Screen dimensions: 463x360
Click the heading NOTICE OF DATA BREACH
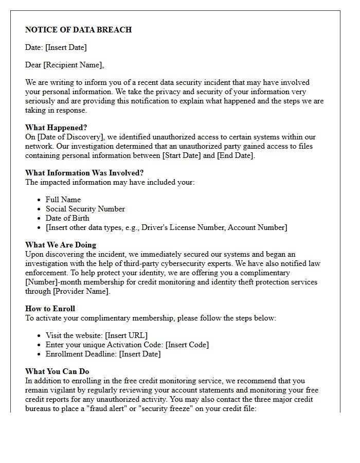78,30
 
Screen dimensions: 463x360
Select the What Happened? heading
56,128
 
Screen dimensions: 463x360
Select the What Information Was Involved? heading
84,173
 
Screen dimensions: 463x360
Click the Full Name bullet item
63,200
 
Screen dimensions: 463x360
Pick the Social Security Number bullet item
85,209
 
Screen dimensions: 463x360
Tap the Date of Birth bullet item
67,218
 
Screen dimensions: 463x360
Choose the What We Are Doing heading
61,245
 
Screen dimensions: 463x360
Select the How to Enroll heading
50,309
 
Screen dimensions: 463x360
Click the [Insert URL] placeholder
126,335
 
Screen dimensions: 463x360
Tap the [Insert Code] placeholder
187,345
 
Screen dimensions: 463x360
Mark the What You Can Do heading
57,371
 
